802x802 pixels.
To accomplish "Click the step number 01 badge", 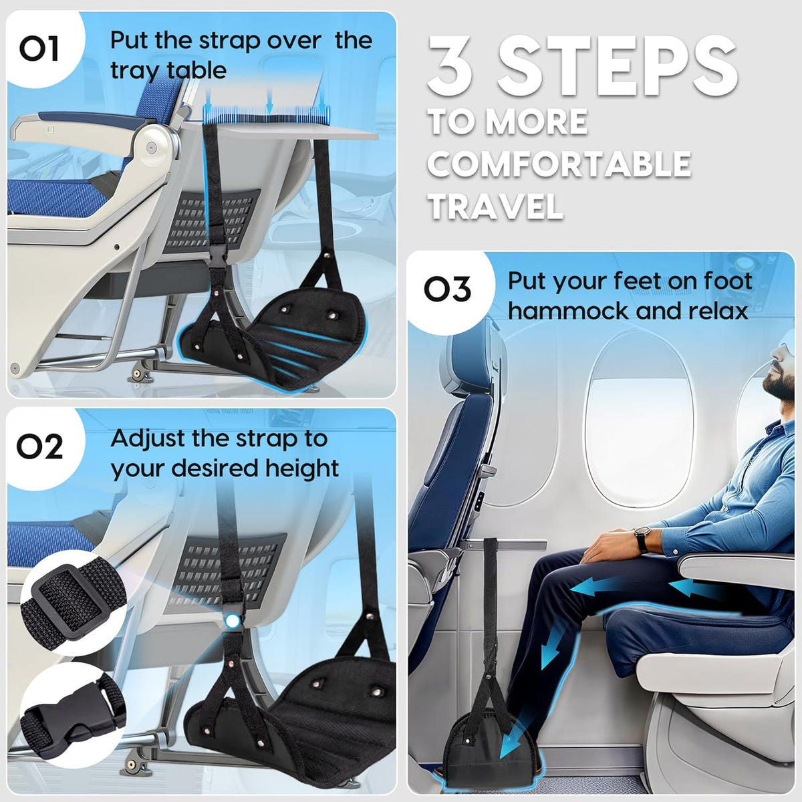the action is pyautogui.click(x=40, y=48).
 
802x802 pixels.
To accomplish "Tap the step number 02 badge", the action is pyautogui.click(x=40, y=447).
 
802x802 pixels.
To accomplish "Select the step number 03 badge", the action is pyautogui.click(x=447, y=289).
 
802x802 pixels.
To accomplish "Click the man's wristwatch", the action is pyautogui.click(x=642, y=539).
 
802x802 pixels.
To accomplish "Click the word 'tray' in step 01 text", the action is pyautogui.click(x=135, y=71).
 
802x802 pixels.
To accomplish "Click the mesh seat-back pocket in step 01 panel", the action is pyautogui.click(x=209, y=220).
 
